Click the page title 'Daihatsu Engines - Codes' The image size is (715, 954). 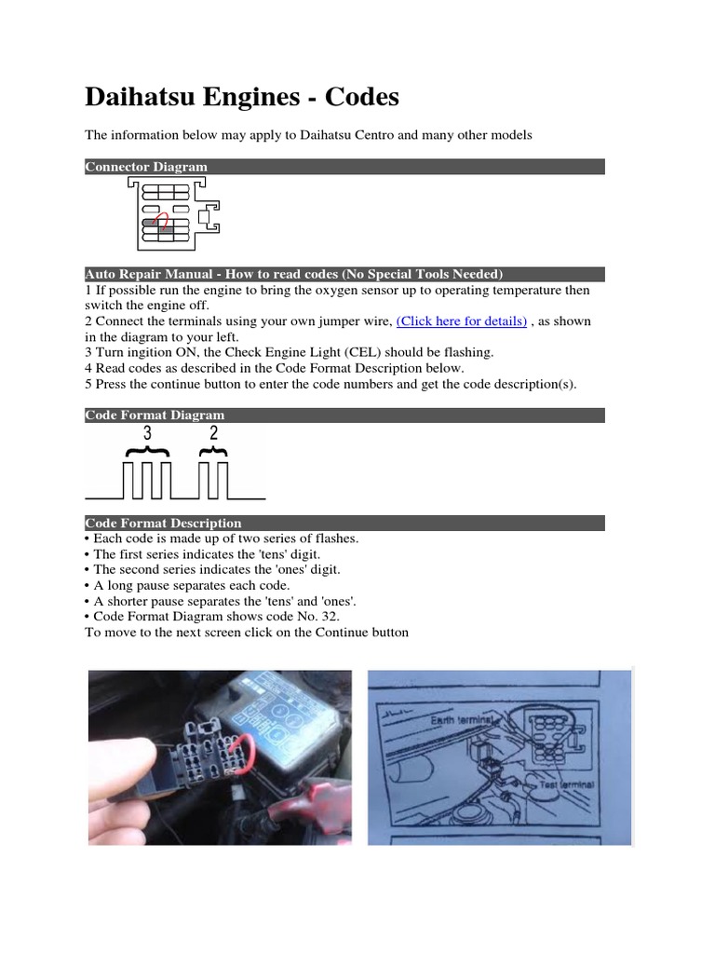[242, 97]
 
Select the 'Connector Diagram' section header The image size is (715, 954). [146, 167]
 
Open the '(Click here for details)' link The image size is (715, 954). [462, 321]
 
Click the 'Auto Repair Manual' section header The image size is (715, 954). [293, 274]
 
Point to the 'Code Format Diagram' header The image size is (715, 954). [155, 415]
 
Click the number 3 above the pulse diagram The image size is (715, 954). [147, 434]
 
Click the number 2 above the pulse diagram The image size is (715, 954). [215, 434]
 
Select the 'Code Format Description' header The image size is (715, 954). [163, 523]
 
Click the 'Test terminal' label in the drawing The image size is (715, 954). [567, 785]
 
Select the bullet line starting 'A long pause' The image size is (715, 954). [187, 585]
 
